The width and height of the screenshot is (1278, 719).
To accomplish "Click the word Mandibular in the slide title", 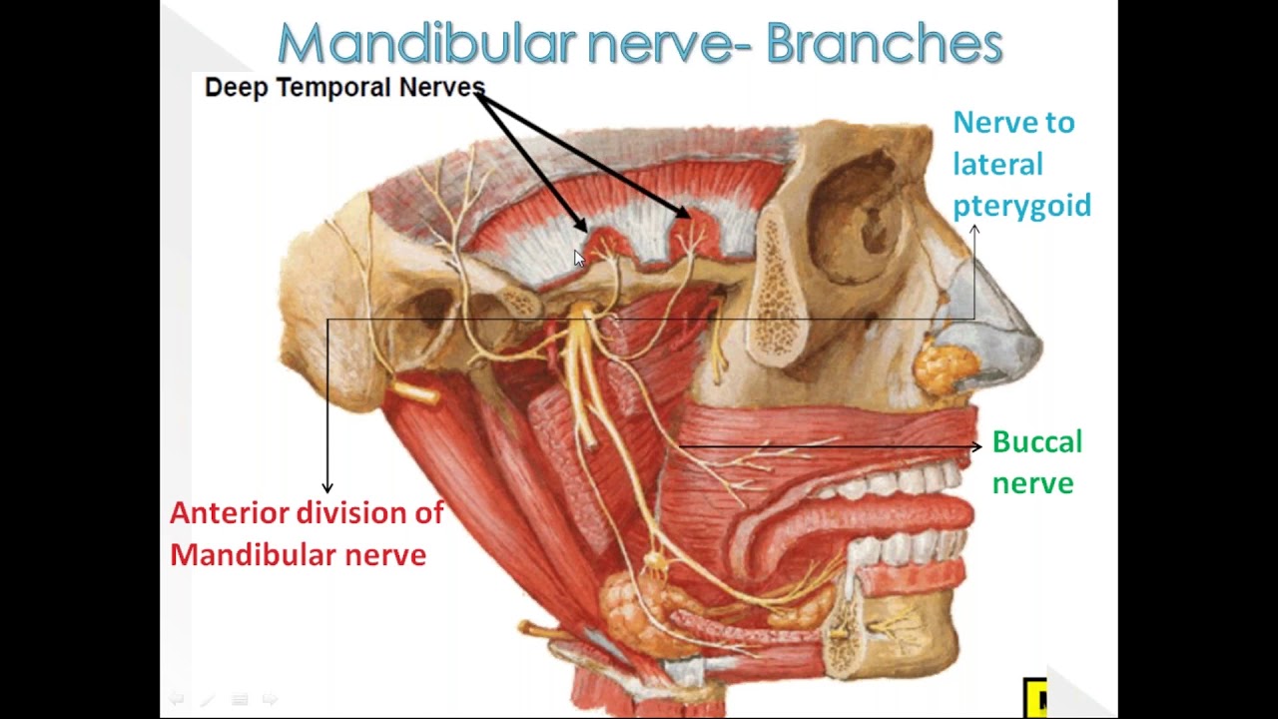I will point(426,44).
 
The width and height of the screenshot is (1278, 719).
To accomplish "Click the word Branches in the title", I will point(885,44).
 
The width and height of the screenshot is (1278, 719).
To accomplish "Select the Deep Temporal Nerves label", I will point(343,87).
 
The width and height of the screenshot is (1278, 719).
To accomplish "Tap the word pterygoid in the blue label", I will point(1021,207).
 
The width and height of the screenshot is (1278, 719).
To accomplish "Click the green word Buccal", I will point(1036,441).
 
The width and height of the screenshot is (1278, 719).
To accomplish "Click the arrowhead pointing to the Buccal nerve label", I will point(975,446).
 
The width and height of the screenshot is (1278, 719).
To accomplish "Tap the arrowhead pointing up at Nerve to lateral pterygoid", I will point(974,231).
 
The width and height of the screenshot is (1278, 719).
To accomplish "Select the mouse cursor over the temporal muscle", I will point(579,259).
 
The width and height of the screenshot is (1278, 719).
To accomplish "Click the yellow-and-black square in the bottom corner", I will point(1034,697).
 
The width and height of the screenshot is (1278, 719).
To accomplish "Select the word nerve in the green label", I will point(1032,483).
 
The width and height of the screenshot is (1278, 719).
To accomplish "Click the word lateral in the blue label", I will point(996,165).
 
